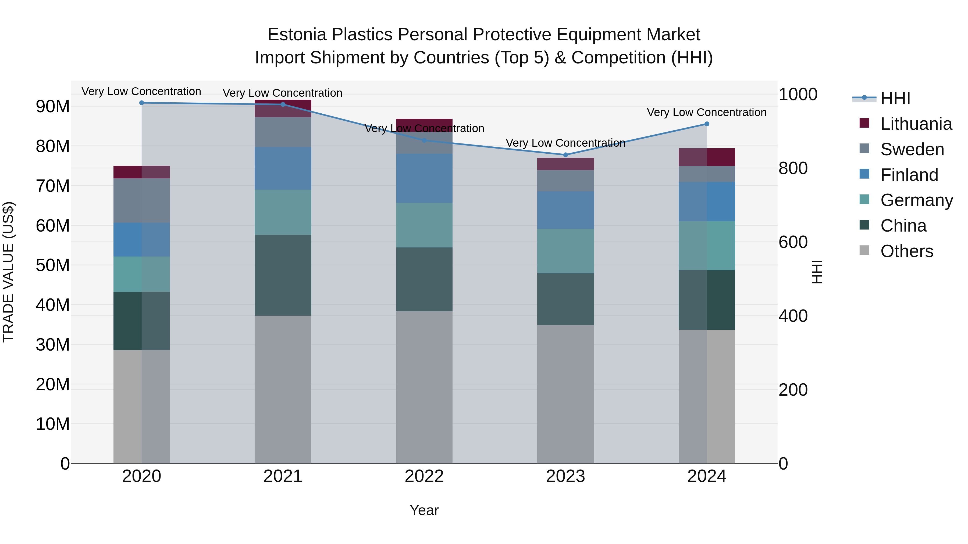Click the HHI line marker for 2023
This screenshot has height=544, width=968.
point(565,155)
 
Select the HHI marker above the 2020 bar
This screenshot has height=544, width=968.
point(142,103)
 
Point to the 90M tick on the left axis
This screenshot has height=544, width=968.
point(53,107)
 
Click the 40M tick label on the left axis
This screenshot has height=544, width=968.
point(53,305)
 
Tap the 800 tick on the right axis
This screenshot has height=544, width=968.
point(793,168)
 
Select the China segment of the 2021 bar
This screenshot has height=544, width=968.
point(283,275)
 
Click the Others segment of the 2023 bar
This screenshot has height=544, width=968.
point(565,394)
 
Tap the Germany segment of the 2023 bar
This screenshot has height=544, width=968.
point(565,251)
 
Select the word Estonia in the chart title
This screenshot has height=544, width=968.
point(297,35)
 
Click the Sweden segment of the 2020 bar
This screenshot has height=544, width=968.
point(142,200)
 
